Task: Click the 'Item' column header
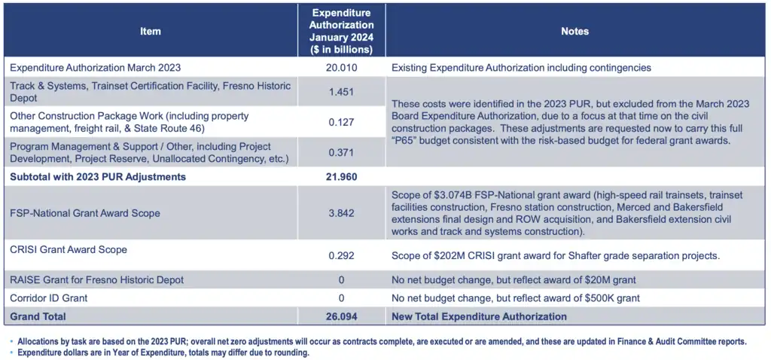(150, 31)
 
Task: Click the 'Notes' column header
(574, 31)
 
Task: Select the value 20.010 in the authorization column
(341, 68)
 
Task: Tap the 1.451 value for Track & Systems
(341, 92)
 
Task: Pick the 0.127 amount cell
(341, 122)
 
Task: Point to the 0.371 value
(341, 152)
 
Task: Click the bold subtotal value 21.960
(341, 178)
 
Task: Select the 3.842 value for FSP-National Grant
(341, 213)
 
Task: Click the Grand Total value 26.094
(341, 316)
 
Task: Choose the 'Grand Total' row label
(38, 316)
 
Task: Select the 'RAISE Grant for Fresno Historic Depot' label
(96, 280)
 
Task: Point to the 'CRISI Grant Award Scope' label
(68, 249)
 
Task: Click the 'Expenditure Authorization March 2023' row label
(95, 68)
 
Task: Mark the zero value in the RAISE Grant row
(341, 280)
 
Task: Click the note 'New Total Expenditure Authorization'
(479, 316)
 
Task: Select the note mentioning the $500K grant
(516, 298)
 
